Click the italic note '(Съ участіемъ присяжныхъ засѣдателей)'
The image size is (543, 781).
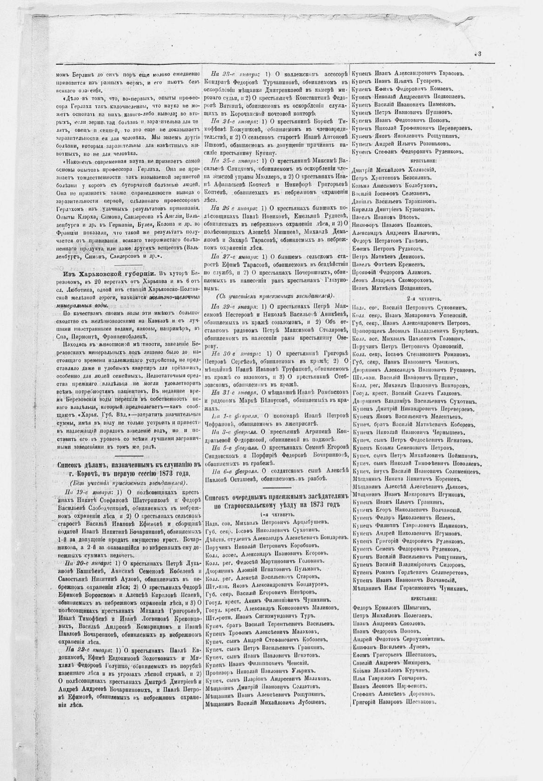pos(274,296)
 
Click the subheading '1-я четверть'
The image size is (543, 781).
pos(276,515)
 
